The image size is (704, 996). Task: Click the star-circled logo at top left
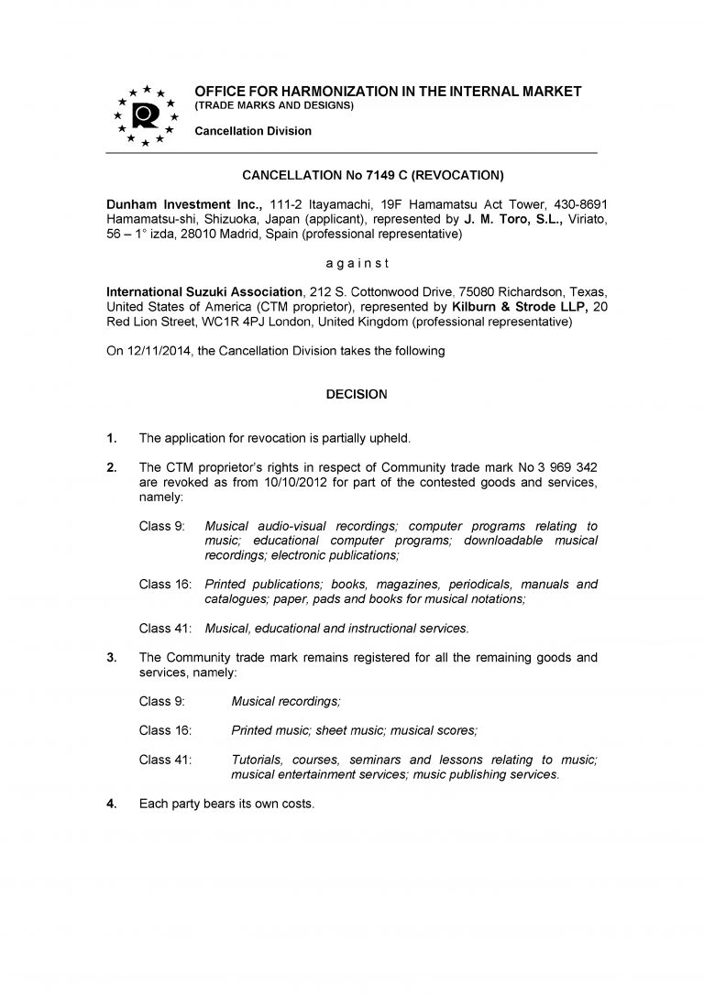pos(143,115)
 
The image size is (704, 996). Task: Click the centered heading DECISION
pos(357,395)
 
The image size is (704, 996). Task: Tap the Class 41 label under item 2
pos(162,628)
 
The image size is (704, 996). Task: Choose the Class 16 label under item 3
pos(162,730)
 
